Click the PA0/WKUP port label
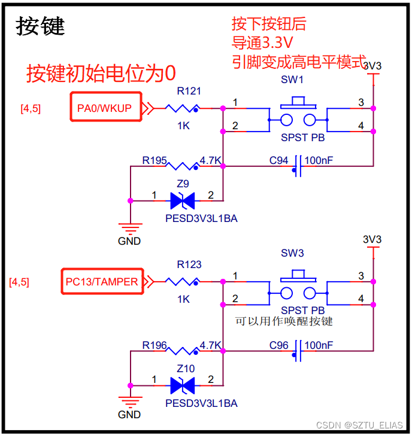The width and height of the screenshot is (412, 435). tap(105, 108)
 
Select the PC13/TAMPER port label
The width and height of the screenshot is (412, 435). tap(101, 282)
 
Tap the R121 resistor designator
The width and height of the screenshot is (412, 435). tap(189, 92)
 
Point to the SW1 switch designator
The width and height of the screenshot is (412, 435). tap(292, 80)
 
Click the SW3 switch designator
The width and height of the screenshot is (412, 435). tap(292, 253)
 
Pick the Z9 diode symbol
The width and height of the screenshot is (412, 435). tap(183, 200)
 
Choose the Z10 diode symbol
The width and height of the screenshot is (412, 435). tap(183, 385)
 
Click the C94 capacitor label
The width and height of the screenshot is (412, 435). tap(278, 160)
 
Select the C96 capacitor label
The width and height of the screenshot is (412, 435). tap(278, 345)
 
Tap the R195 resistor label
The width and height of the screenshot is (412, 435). tap(154, 160)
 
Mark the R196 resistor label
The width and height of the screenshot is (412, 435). tap(154, 345)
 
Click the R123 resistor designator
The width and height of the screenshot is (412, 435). tap(189, 264)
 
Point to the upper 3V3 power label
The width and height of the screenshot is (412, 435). tap(372, 66)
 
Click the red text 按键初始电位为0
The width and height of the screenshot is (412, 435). tap(101, 73)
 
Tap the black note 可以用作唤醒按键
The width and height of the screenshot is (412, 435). tap(284, 321)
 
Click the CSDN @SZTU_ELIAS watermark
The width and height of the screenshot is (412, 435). tap(359, 424)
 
